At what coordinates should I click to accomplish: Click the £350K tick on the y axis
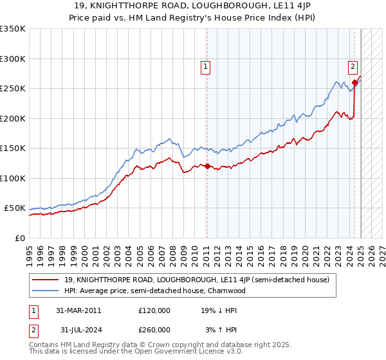[x=13, y=29]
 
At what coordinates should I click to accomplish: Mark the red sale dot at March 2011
[x=207, y=166]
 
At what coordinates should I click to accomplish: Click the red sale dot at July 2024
[x=354, y=82]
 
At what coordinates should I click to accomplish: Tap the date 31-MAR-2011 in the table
[x=78, y=310]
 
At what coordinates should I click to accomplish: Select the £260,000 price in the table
[x=154, y=329]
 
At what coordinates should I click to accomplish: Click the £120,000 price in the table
[x=154, y=310]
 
